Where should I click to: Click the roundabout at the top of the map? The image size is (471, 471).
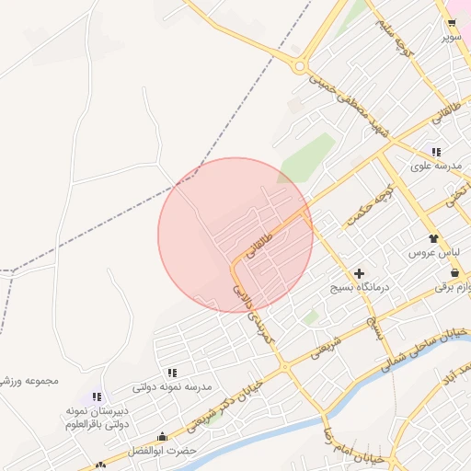(x=300, y=65)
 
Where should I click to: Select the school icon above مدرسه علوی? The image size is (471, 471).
(x=434, y=152)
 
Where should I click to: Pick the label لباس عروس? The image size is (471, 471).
(x=429, y=252)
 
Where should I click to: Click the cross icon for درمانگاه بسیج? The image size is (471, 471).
(x=359, y=273)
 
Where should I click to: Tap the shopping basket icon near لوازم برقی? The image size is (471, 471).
(x=455, y=272)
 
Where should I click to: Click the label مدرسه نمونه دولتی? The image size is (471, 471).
(x=173, y=387)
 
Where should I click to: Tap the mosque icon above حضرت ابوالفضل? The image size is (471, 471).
(x=163, y=436)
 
